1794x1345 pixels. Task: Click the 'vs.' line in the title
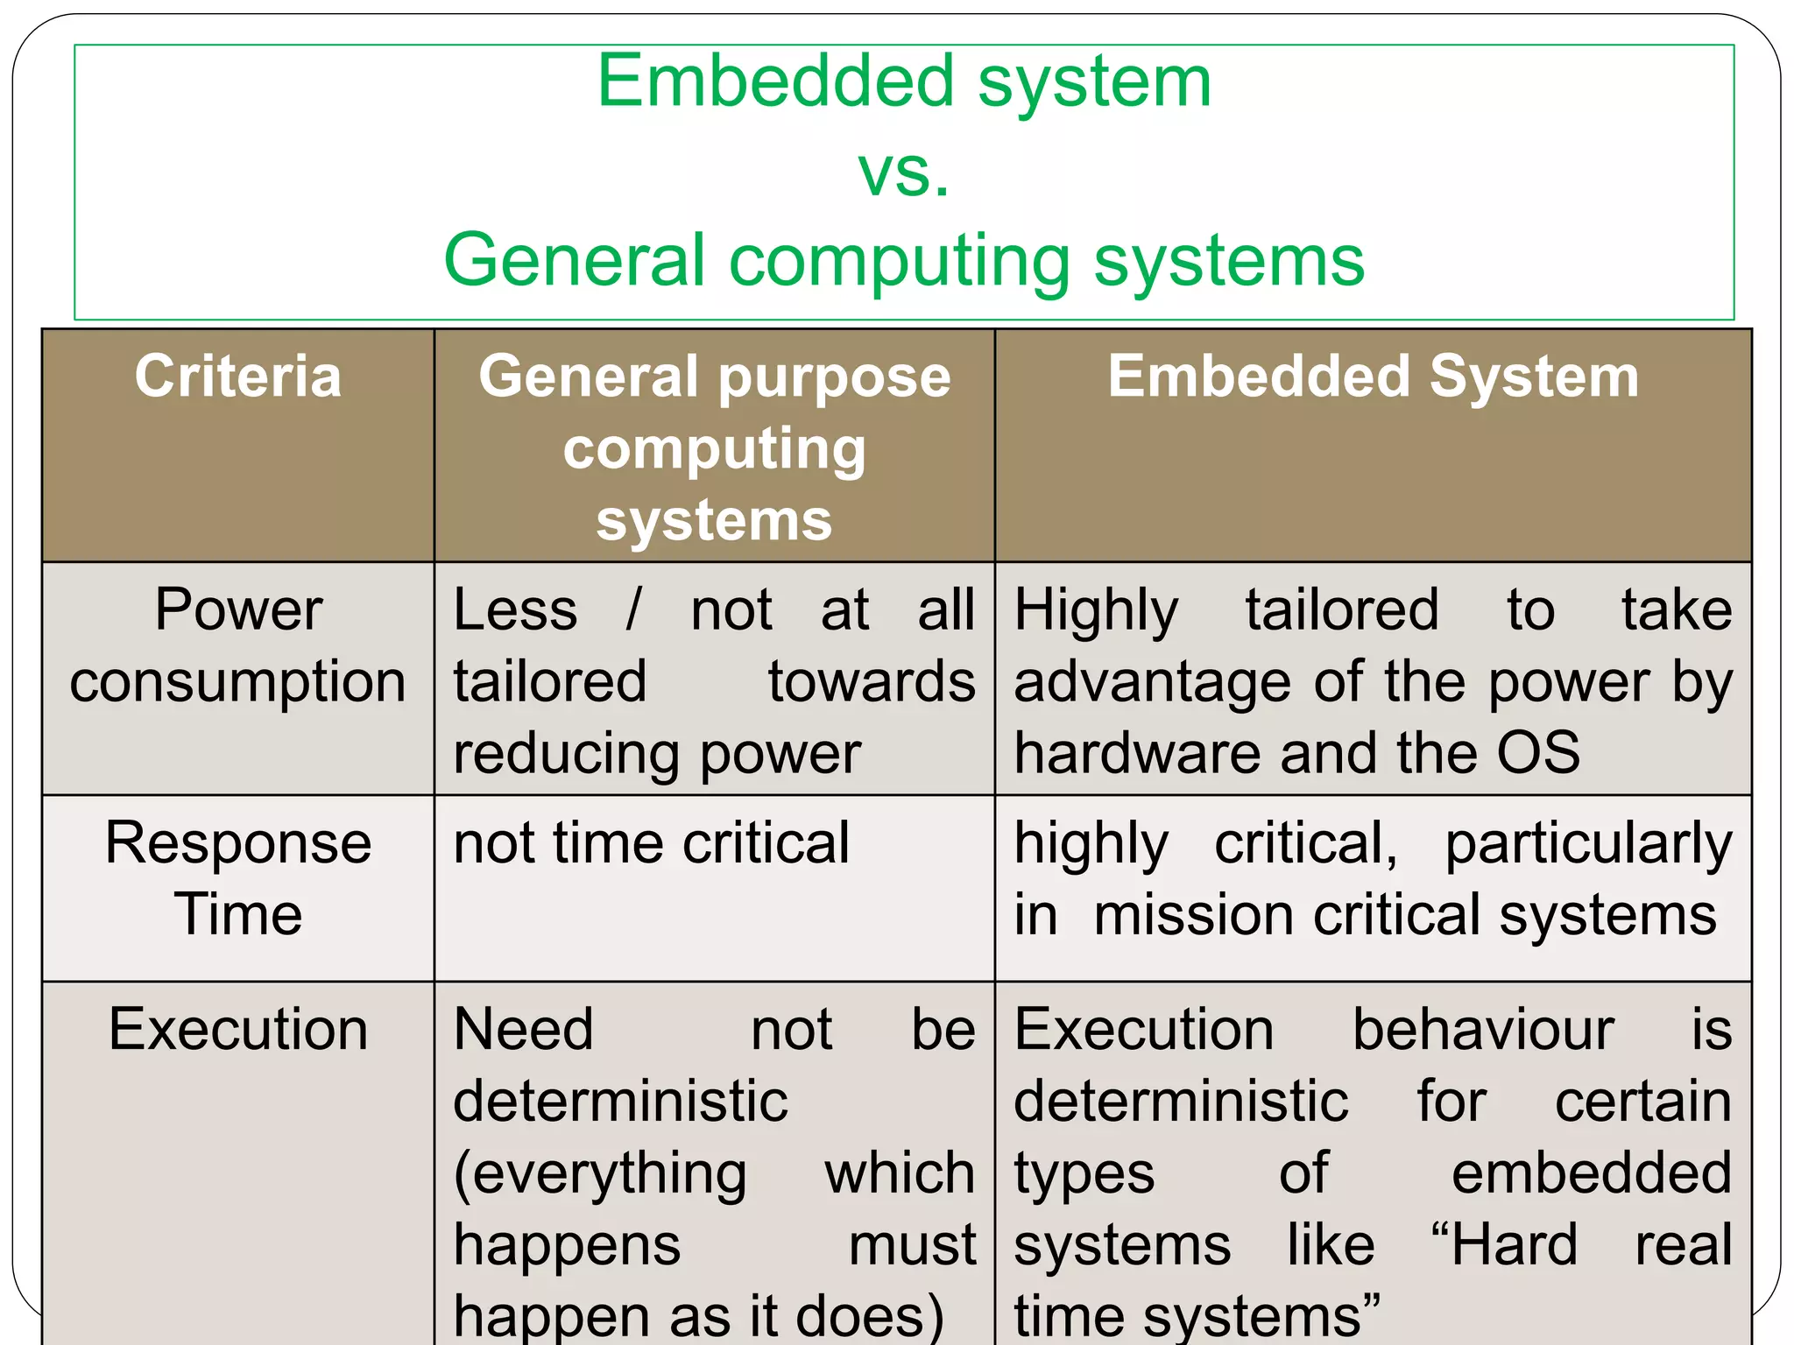click(x=903, y=173)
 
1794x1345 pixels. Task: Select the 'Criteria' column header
click(x=237, y=377)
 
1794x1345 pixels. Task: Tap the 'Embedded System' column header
click(x=1373, y=377)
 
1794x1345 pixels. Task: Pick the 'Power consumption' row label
click(x=237, y=645)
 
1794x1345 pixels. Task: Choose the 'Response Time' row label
click(x=237, y=878)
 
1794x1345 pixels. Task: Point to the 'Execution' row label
click(x=237, y=1029)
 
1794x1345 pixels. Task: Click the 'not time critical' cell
click(x=651, y=843)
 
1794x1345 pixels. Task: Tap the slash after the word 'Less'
click(x=633, y=609)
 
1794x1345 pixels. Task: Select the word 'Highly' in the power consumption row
click(x=1096, y=611)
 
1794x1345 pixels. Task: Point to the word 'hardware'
click(x=1138, y=753)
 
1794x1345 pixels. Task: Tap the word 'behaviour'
click(x=1483, y=1029)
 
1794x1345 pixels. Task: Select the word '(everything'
click(x=600, y=1174)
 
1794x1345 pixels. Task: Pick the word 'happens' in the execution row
click(x=567, y=1246)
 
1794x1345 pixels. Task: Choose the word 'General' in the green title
click(x=575, y=260)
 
